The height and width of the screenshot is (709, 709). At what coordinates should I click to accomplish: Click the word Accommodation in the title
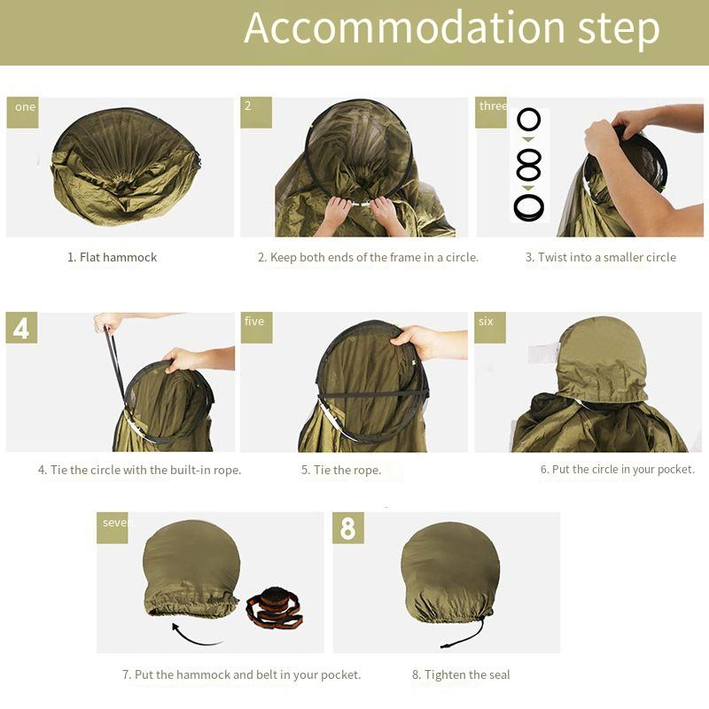coord(404,28)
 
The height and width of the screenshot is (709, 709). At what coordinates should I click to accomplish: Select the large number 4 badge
coord(22,328)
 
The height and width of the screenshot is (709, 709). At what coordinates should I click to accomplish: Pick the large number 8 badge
coord(347,528)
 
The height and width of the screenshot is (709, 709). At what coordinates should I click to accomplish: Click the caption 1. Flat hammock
coord(112,258)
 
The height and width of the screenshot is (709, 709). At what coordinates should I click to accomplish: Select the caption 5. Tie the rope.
coord(341,471)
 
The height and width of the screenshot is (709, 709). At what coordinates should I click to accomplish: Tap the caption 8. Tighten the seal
coord(461,675)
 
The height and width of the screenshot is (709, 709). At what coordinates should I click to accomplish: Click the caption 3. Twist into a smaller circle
coord(600,258)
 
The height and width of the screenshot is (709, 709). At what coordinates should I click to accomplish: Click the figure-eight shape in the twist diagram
coord(529,164)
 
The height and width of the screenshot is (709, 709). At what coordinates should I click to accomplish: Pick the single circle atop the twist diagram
coord(529,121)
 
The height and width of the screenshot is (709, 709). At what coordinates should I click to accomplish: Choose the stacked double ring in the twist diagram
coord(529,208)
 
